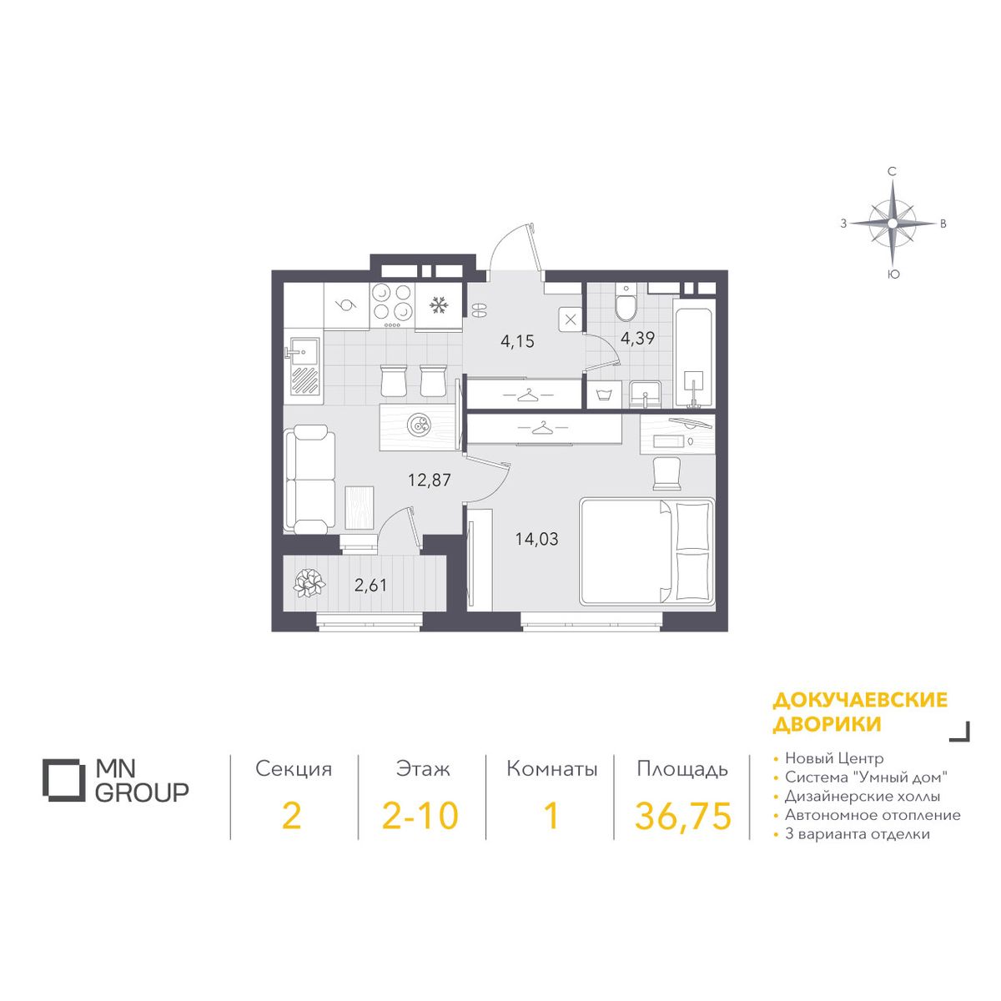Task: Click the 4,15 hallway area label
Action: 517,342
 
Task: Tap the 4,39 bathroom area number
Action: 637,338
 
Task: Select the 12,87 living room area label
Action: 429,480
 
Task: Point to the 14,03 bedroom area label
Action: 536,539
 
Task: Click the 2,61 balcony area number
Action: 370,586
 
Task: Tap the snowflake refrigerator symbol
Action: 438,305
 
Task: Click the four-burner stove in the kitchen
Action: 392,306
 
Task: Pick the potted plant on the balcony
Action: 309,583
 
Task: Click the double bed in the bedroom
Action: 647,551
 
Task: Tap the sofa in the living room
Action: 309,479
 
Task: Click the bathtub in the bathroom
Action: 694,352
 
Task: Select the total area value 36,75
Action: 682,816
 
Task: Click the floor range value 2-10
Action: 420,816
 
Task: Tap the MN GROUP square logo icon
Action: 63,780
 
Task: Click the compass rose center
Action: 893,224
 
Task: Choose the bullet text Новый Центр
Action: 833,758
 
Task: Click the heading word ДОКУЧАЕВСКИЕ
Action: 860,700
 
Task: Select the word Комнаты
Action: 551,769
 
